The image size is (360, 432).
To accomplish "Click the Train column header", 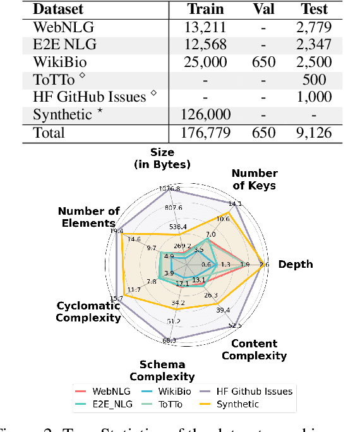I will coord(205,10).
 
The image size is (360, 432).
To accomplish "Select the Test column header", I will coord(314,10).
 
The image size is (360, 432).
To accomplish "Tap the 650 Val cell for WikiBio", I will coord(265,62).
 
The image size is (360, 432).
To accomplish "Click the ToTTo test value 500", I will coord(314,80).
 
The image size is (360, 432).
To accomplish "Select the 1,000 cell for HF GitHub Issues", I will coord(314,97).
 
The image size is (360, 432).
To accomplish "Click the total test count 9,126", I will coord(314,133).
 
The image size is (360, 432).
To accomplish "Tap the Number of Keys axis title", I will coord(255,179).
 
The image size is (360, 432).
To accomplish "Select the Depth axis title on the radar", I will coord(296,264).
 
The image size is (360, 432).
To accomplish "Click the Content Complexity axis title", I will coord(254,349).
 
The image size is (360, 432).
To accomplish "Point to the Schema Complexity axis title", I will coord(162,371).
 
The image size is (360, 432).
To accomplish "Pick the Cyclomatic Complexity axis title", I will coord(88,311).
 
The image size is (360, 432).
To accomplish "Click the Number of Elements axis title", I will coord(88,217).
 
